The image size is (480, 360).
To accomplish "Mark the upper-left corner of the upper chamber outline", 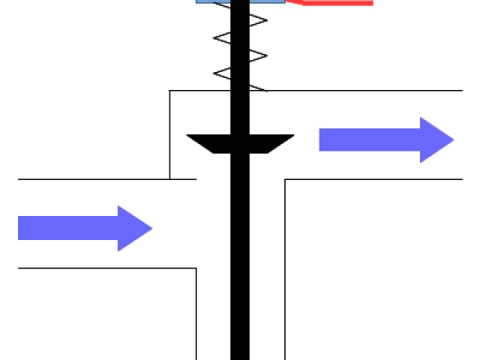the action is pyautogui.click(x=170, y=91).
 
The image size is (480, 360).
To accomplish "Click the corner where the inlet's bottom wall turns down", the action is pyautogui.click(x=196, y=268).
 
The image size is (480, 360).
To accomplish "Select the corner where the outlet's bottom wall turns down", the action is pyautogui.click(x=285, y=179).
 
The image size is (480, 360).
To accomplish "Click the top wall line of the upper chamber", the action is pyautogui.click(x=360, y=91).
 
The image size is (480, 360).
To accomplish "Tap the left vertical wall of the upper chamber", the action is pyautogui.click(x=170, y=135).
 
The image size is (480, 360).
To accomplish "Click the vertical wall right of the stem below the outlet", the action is pyautogui.click(x=285, y=270).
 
